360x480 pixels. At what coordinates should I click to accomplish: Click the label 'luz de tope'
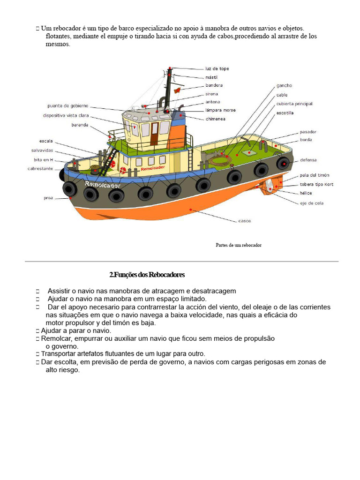217,68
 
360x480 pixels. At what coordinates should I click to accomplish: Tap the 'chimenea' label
216,119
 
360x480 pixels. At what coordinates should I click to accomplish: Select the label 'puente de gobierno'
67,106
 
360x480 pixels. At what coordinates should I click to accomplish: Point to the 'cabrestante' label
40,169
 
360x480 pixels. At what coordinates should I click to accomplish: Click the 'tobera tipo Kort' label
316,184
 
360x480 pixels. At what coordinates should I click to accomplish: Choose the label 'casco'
245,221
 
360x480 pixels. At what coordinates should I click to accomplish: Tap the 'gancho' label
284,86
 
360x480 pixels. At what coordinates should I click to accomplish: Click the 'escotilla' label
285,113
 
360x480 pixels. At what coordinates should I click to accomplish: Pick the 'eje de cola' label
312,203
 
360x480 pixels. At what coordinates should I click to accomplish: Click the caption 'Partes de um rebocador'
239,245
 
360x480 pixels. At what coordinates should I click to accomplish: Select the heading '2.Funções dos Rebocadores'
147,275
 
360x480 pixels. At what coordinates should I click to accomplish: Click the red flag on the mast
177,90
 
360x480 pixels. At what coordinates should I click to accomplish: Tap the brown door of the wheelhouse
154,134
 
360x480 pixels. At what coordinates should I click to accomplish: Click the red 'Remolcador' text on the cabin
153,168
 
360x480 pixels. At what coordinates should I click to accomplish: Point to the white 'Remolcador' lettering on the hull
103,185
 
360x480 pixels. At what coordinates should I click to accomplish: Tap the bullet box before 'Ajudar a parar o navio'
37,331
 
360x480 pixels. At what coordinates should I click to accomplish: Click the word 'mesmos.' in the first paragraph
58,44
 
